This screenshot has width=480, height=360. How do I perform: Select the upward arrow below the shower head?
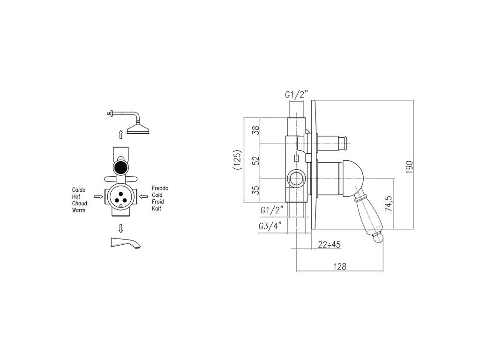point(120,135)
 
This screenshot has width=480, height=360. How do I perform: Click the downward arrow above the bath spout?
point(120,228)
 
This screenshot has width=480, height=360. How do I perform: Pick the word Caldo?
point(79,190)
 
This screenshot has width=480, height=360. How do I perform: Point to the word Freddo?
point(160,188)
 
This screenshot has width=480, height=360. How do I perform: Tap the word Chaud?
point(80,203)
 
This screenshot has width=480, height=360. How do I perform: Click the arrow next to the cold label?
point(143,197)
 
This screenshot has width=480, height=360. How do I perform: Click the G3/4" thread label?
point(270,226)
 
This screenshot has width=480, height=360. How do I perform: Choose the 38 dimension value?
point(255,130)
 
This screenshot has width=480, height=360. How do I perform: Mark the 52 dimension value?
point(255,160)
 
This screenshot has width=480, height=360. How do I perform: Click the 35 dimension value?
point(255,189)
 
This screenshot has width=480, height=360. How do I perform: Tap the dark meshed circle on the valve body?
point(120,167)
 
